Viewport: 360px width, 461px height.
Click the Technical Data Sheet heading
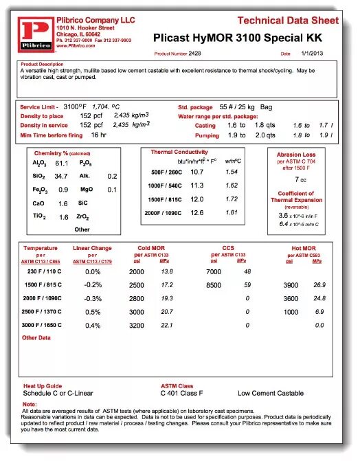(288, 21)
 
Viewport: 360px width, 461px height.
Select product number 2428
(194, 53)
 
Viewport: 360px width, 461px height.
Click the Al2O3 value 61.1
(62, 164)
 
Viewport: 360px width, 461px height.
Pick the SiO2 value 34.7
(62, 177)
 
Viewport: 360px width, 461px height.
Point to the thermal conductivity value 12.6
(197, 213)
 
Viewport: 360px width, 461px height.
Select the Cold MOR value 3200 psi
(137, 325)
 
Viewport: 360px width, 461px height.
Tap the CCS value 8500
(214, 285)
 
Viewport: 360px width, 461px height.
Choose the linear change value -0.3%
(93, 299)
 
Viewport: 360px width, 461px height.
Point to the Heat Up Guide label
(43, 386)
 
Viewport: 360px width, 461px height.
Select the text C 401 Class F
(181, 393)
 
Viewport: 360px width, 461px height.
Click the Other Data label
(36, 338)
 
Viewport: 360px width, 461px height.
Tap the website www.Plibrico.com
(76, 45)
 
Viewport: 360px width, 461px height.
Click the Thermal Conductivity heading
(179, 151)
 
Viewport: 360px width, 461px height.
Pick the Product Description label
(43, 64)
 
